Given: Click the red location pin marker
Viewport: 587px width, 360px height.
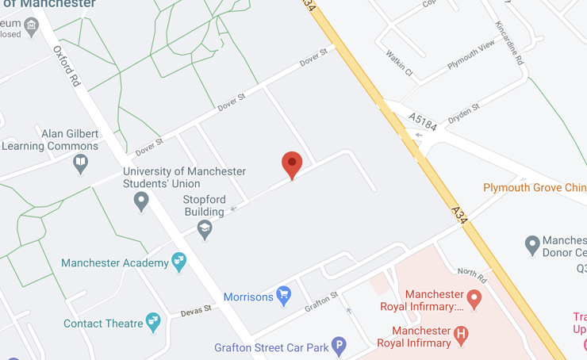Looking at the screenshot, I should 292,164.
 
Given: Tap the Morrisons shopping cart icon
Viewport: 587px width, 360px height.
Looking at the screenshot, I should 283,297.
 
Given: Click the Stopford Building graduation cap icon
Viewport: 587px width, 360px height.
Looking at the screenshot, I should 205,230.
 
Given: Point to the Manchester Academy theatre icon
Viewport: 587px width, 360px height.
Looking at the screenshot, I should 179,262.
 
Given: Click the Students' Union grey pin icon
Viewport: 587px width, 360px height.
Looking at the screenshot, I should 142,201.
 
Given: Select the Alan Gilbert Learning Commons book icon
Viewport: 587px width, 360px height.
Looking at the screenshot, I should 80,163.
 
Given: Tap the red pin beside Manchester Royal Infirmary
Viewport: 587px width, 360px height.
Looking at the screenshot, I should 474,300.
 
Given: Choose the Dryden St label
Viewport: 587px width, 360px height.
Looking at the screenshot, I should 464,113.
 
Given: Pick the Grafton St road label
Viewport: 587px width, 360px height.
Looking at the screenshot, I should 322,300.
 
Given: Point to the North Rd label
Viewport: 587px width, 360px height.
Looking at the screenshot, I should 471,274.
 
